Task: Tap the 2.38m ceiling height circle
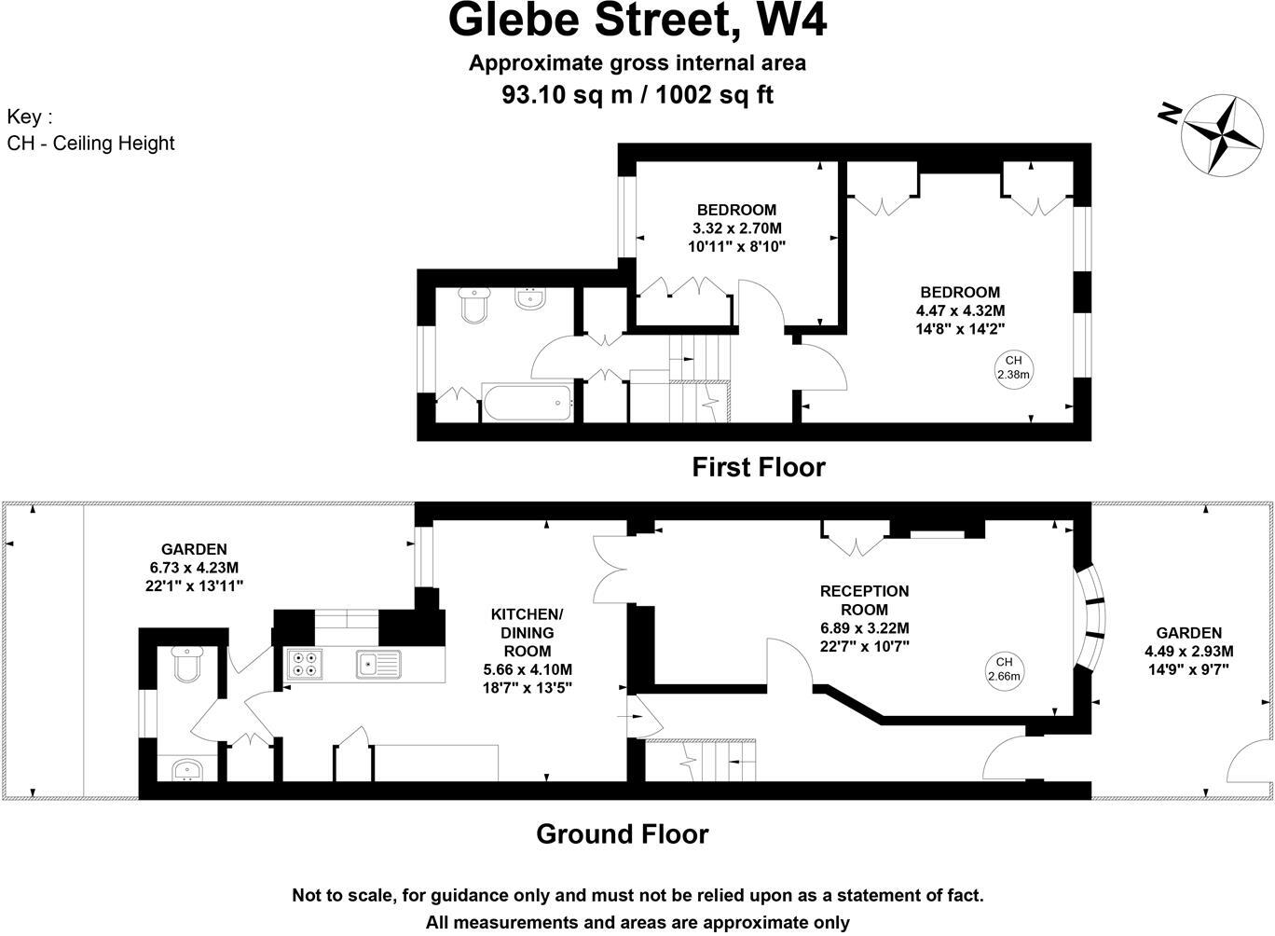click(x=1013, y=368)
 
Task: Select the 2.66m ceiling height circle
click(x=1004, y=668)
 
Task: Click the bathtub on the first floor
click(x=528, y=403)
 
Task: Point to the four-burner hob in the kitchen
click(x=305, y=662)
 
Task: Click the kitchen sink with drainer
click(x=377, y=664)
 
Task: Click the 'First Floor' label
click(x=758, y=466)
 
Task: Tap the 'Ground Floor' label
click(x=622, y=833)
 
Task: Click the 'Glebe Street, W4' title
click(x=637, y=21)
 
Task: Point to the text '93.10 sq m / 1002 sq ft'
click(x=637, y=94)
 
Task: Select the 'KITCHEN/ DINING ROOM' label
click(x=528, y=632)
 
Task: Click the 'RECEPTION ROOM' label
click(x=864, y=600)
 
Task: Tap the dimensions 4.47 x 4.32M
click(x=960, y=310)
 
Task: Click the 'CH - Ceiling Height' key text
click(x=90, y=143)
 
